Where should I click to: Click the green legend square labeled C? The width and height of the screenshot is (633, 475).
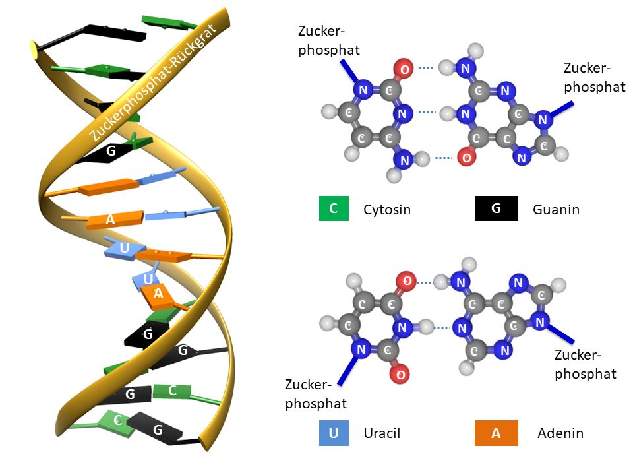click(x=334, y=208)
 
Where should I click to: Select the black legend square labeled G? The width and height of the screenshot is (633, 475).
click(x=496, y=208)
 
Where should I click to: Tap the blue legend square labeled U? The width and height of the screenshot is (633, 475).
click(x=334, y=433)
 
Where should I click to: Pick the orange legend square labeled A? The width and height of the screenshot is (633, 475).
click(x=496, y=433)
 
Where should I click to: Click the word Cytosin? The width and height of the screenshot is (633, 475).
click(x=387, y=210)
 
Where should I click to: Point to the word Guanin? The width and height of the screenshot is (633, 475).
click(x=556, y=210)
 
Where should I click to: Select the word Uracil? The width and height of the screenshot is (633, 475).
click(x=382, y=433)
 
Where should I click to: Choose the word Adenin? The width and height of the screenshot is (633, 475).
click(x=560, y=433)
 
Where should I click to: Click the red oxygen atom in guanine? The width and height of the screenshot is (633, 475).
click(x=467, y=158)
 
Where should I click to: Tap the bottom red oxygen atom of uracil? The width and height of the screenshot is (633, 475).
click(x=400, y=375)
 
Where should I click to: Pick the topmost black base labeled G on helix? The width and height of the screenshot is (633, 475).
click(x=111, y=151)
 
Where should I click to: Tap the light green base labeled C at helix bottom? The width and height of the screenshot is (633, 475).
click(x=117, y=420)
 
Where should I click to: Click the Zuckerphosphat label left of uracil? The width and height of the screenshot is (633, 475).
click(x=316, y=393)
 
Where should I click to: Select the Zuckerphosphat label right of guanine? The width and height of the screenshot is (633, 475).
click(x=595, y=77)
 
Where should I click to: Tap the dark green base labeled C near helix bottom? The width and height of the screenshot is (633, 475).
click(x=172, y=391)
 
